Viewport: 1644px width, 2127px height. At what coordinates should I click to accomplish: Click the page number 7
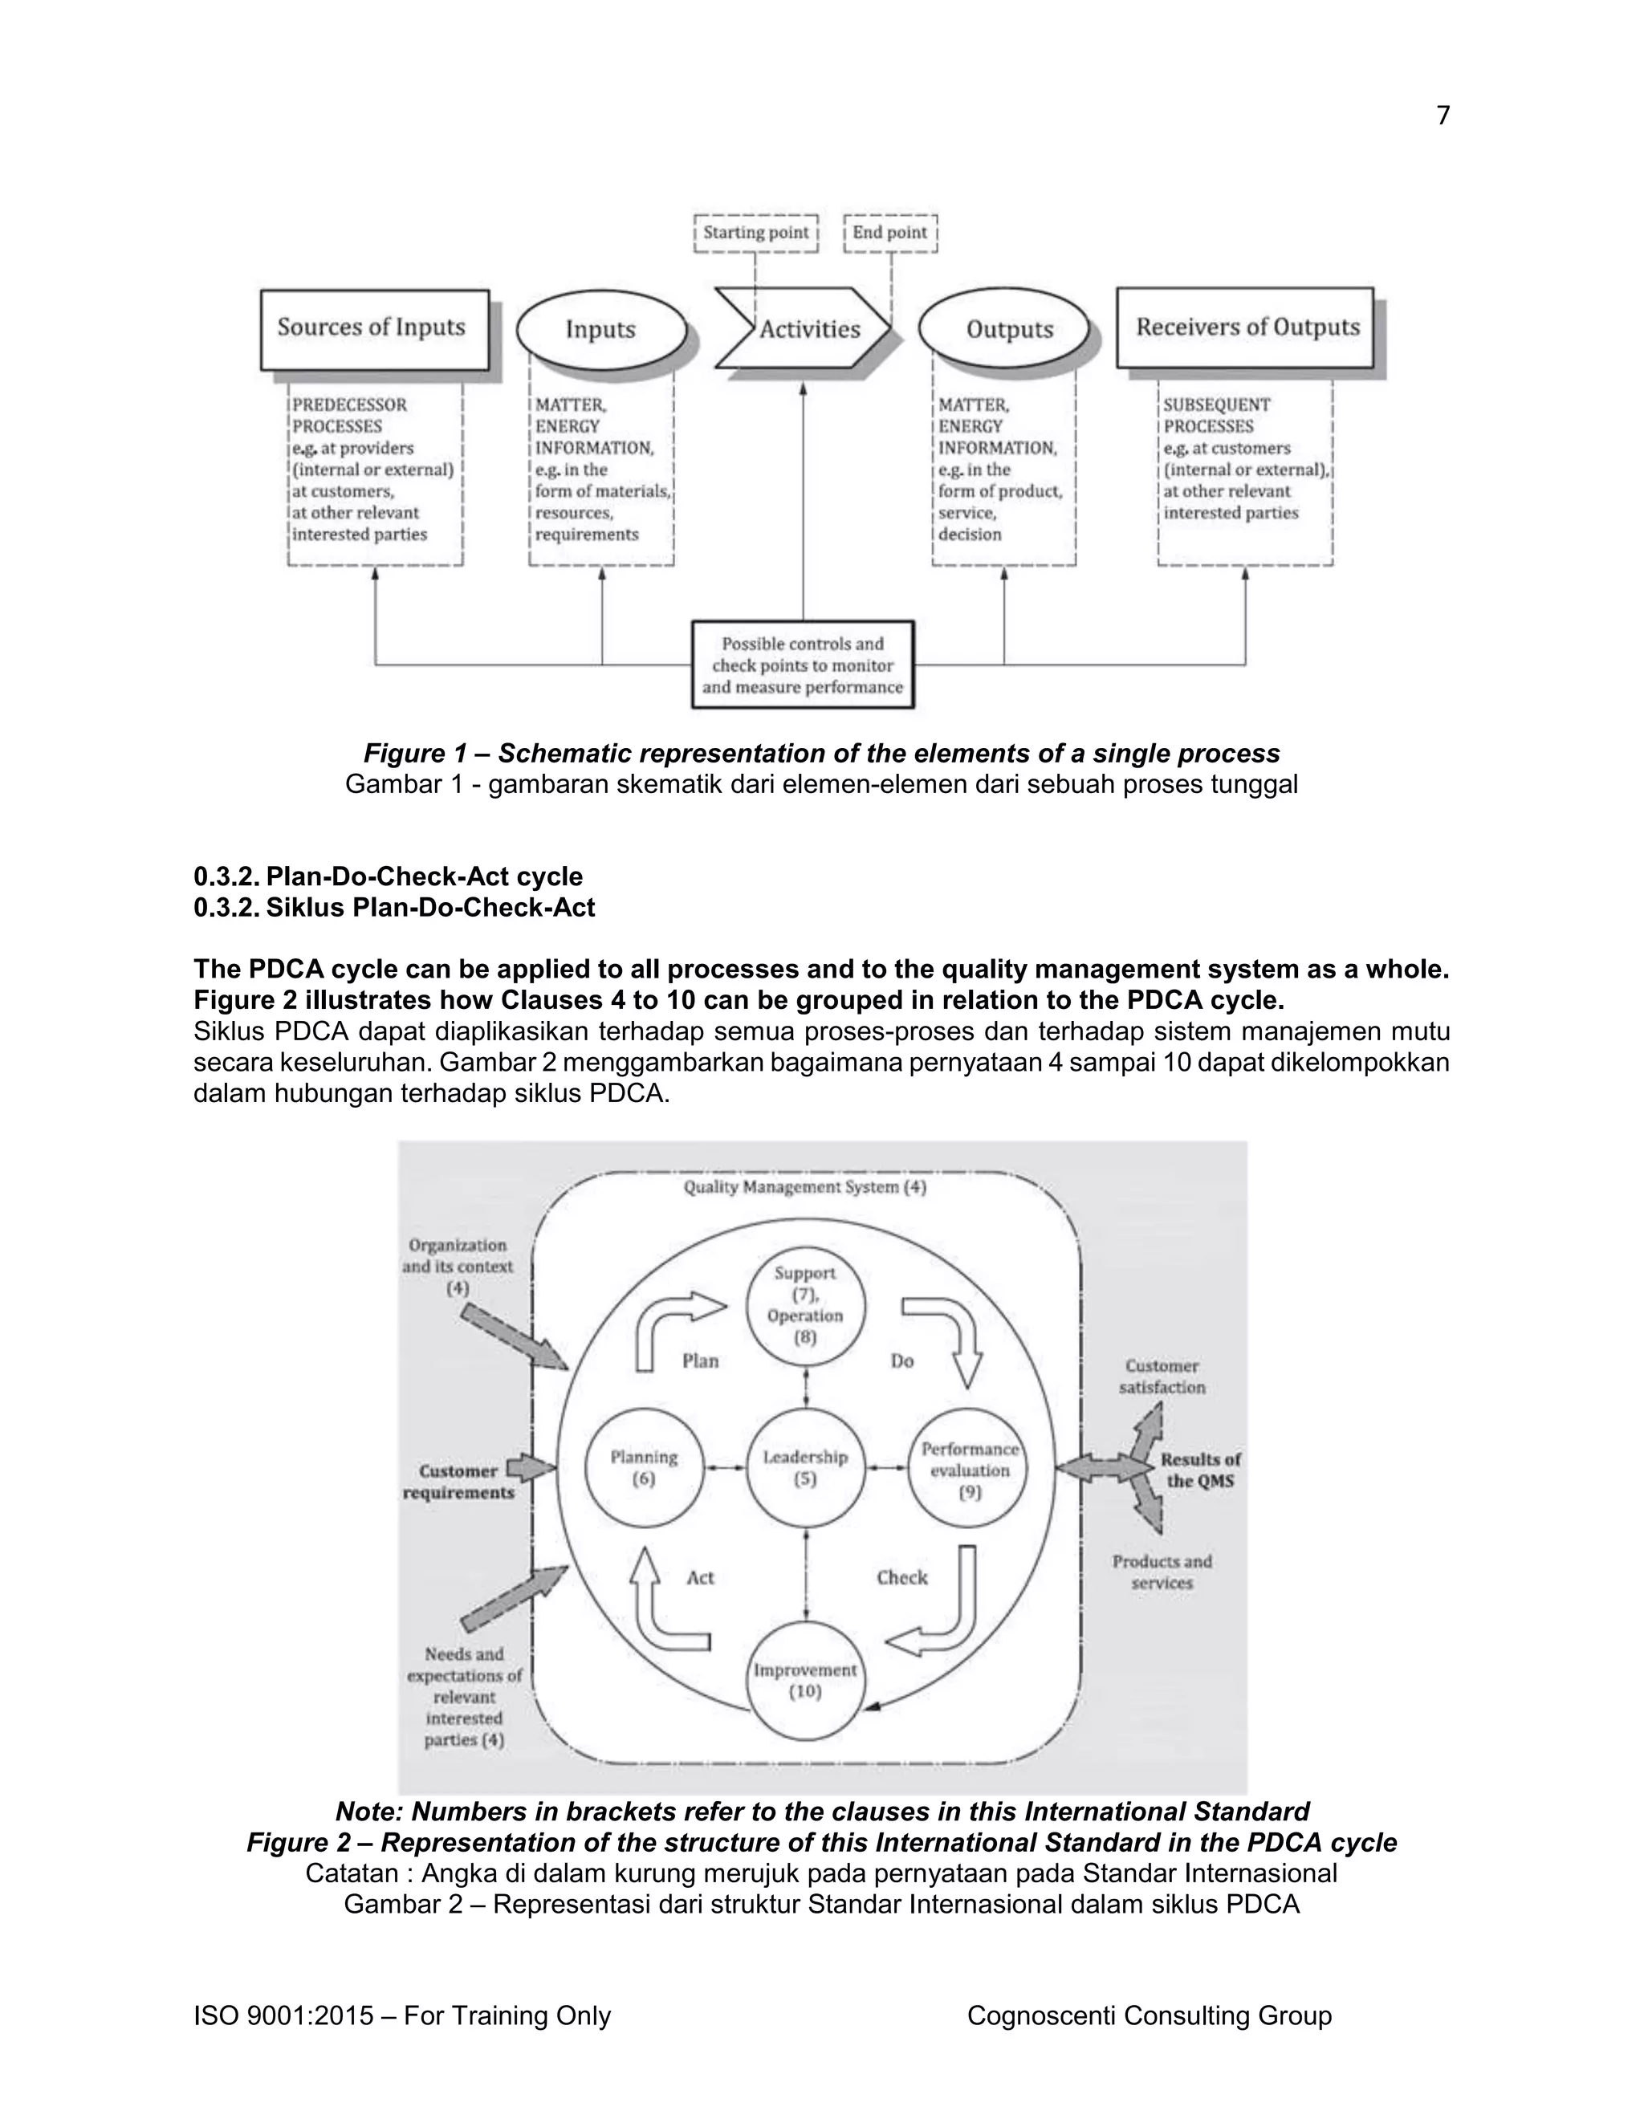pyautogui.click(x=1443, y=116)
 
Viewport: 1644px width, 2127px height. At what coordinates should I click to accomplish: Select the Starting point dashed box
pyautogui.click(x=755, y=233)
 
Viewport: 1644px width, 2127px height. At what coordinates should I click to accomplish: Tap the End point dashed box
pyautogui.click(x=889, y=233)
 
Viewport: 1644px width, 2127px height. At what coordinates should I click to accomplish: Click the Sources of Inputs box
pyautogui.click(x=374, y=328)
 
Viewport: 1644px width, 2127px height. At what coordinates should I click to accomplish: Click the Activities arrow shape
pyautogui.click(x=804, y=329)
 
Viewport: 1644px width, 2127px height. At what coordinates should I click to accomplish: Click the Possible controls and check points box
pyautogui.click(x=803, y=665)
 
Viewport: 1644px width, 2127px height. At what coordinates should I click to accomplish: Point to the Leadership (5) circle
pyautogui.click(x=804, y=1468)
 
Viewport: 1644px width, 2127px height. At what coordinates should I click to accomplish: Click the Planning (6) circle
pyautogui.click(x=643, y=1468)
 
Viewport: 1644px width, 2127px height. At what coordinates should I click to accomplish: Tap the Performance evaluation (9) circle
pyautogui.click(x=968, y=1468)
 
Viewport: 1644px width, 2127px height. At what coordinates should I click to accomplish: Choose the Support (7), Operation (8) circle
pyautogui.click(x=804, y=1305)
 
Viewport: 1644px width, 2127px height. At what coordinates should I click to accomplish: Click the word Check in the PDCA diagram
pyautogui.click(x=901, y=1576)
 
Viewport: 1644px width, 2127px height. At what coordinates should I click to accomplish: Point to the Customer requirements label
pyautogui.click(x=458, y=1482)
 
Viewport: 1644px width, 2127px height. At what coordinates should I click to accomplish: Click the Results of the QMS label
pyautogui.click(x=1200, y=1470)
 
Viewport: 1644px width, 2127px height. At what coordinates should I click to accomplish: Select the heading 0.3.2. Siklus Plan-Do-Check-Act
pyautogui.click(x=394, y=908)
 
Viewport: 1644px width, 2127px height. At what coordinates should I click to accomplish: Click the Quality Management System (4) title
pyautogui.click(x=804, y=1187)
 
